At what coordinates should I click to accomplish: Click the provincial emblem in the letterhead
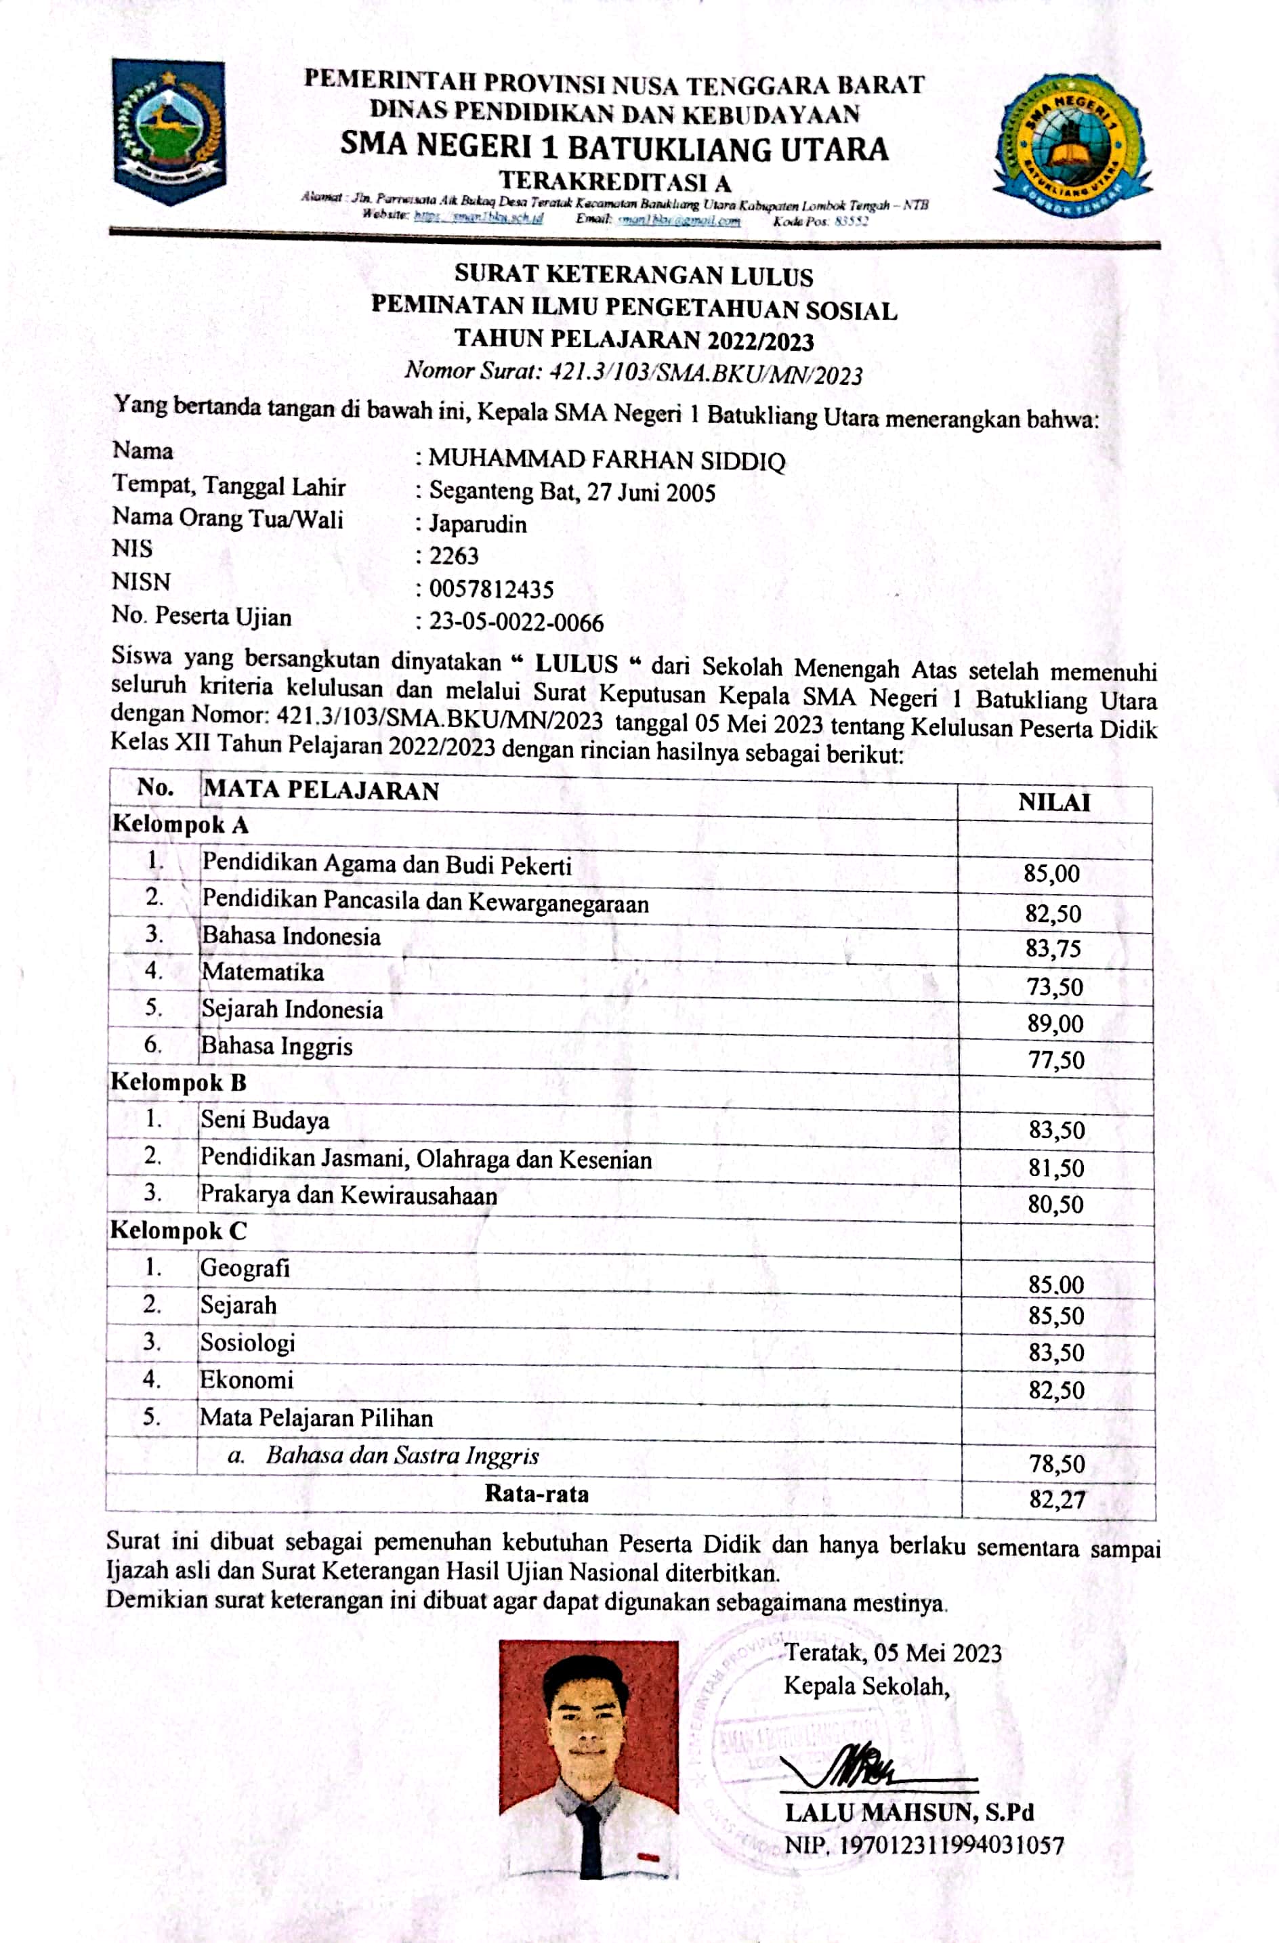169,131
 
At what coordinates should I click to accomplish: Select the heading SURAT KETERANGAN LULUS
633,275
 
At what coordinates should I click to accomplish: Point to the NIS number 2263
454,556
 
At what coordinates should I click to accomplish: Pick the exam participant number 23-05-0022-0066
517,623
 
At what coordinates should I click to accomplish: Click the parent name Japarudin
478,524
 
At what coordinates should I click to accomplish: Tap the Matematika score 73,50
1055,987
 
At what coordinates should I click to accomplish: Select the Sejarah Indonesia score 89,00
1055,1024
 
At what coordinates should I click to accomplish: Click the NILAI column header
1053,803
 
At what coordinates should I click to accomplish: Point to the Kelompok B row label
178,1083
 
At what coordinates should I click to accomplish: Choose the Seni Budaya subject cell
266,1120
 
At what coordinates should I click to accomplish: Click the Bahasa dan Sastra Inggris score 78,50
1056,1463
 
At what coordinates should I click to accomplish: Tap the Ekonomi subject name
247,1380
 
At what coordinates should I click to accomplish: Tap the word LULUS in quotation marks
576,663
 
